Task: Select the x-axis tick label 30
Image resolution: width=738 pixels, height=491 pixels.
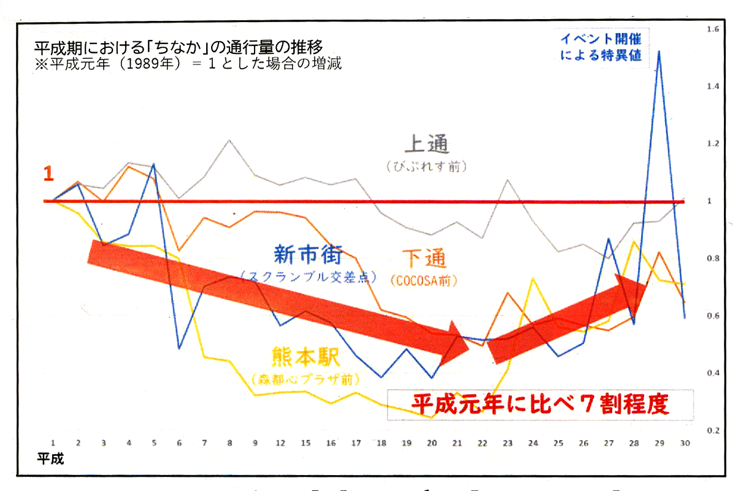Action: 683,443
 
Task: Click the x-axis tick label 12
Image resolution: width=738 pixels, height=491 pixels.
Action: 280,443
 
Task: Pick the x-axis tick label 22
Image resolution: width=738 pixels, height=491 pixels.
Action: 482,443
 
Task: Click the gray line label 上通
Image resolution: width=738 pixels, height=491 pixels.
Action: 427,145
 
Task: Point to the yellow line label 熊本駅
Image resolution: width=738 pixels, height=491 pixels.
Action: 306,356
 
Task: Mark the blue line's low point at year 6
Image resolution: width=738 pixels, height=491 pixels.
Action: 179,348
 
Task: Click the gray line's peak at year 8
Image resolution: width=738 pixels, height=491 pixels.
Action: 229,141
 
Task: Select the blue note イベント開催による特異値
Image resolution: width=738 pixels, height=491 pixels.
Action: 601,46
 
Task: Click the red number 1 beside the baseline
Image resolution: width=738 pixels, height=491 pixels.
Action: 48,174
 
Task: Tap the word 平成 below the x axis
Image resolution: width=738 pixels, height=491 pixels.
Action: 50,458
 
